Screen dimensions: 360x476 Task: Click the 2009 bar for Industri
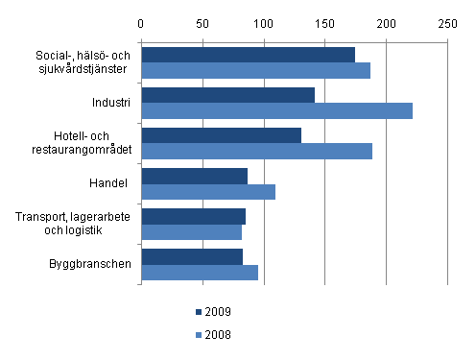point(227,94)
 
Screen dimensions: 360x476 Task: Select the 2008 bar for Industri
point(276,110)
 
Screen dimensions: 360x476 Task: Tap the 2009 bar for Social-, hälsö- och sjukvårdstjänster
point(248,55)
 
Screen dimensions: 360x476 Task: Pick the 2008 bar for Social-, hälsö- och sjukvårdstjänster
point(255,70)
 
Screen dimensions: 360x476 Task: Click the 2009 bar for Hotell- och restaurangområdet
point(221,135)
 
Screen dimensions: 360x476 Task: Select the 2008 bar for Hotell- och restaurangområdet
point(256,151)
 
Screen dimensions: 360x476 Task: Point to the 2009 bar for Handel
point(194,176)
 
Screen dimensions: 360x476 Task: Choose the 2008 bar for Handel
point(208,191)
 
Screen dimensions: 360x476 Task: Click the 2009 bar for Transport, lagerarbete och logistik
point(193,216)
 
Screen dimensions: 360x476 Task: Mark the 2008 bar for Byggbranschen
point(200,272)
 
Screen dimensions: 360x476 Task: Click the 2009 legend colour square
point(198,312)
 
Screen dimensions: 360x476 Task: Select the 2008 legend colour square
point(198,335)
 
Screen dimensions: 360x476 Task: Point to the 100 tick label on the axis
point(264,21)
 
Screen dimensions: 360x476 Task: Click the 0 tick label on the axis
point(141,21)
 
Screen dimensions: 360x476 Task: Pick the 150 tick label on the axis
point(325,21)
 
